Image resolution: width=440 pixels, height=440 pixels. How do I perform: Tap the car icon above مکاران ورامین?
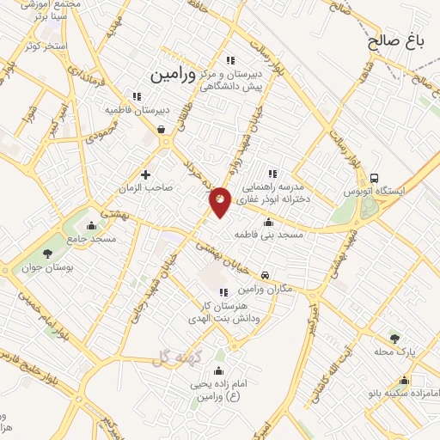(266, 275)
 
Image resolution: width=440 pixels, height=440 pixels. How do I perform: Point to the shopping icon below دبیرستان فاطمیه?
(162, 129)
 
